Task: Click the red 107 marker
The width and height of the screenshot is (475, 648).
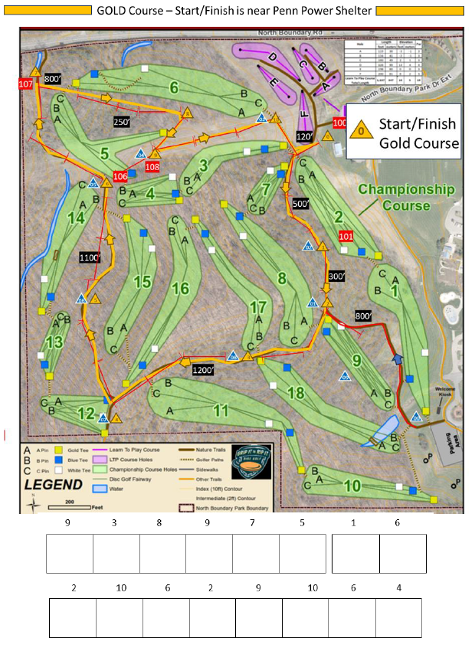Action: tap(26, 83)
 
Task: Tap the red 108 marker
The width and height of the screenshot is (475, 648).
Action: tap(152, 166)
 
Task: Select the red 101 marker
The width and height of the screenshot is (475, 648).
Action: tap(346, 236)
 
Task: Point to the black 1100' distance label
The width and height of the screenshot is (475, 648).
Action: tap(90, 258)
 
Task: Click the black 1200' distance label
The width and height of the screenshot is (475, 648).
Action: tap(204, 370)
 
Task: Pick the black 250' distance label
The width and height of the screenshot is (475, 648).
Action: tap(121, 122)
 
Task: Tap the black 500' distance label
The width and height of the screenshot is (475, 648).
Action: tap(302, 203)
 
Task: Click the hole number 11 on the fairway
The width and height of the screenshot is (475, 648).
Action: tap(221, 411)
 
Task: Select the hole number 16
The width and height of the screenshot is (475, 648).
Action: tap(180, 288)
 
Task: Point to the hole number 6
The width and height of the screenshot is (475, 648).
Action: tap(174, 88)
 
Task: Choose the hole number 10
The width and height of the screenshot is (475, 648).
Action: tap(352, 485)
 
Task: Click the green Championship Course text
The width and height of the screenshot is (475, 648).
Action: tap(408, 197)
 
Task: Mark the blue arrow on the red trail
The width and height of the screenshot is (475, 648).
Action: tap(397, 358)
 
